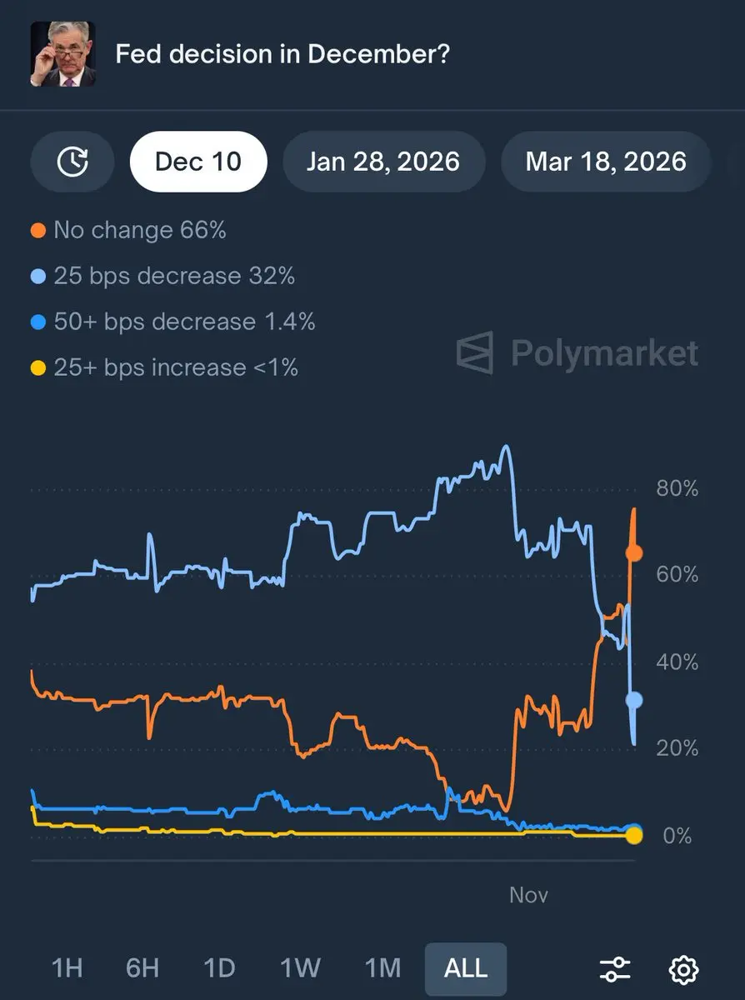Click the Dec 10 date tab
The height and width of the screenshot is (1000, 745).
[x=198, y=161]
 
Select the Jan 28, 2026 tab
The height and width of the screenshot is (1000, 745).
[x=383, y=161]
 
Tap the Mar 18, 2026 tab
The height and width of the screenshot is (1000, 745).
[x=606, y=161]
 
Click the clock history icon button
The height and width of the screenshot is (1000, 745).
[x=72, y=161]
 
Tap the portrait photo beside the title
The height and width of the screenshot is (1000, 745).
[x=62, y=54]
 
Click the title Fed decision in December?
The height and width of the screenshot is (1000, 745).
[x=282, y=55]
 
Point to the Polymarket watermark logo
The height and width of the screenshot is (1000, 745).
[x=577, y=352]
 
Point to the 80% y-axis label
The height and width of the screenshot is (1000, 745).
[x=677, y=488]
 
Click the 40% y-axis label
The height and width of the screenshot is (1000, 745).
[x=677, y=662]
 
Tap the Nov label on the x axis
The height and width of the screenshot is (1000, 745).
[x=528, y=895]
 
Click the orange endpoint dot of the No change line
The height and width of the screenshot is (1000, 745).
[x=634, y=552]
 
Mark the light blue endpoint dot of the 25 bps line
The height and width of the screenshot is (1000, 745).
[x=634, y=700]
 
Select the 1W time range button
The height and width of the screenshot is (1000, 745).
[x=300, y=968]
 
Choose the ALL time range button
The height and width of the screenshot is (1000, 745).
[x=465, y=968]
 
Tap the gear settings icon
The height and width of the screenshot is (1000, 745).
[x=683, y=969]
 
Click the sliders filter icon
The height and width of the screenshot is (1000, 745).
[x=615, y=969]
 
